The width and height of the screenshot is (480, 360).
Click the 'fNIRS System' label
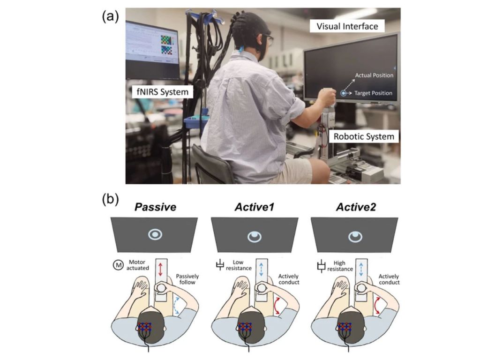click(160, 92)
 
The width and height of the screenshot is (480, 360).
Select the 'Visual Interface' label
click(347, 26)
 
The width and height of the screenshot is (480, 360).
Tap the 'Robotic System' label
click(364, 136)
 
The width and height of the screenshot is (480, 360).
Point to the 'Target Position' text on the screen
click(373, 93)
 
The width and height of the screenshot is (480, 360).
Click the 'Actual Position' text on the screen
click(374, 75)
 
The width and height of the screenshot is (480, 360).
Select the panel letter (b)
click(110, 200)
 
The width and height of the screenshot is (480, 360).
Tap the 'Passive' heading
click(154, 206)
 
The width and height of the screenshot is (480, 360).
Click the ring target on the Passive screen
click(154, 235)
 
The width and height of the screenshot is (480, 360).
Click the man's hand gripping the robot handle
click(327, 99)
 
